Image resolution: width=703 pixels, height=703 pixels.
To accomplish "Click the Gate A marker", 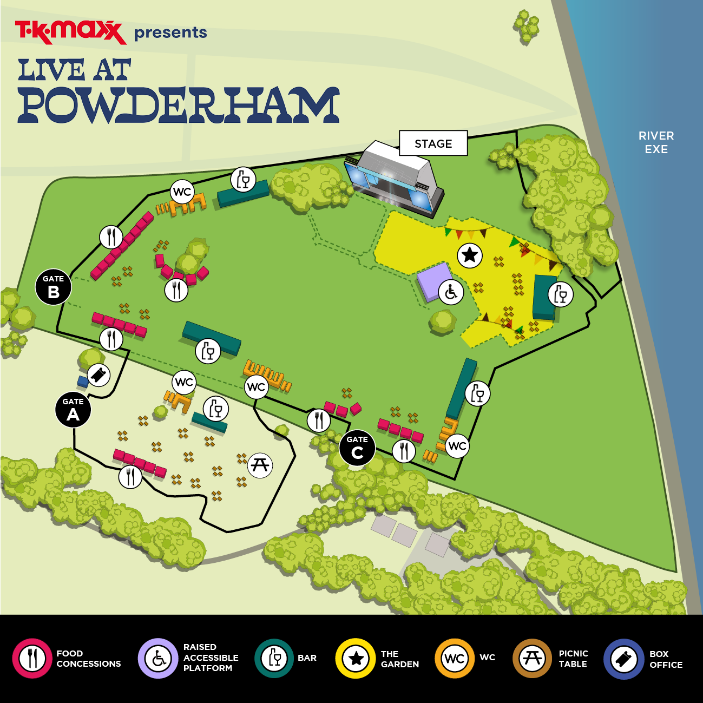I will [x=73, y=410].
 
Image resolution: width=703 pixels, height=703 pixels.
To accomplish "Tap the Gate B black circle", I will [x=54, y=287].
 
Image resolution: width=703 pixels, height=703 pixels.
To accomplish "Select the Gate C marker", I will [x=357, y=448].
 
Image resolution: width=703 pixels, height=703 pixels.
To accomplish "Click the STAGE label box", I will [x=433, y=143].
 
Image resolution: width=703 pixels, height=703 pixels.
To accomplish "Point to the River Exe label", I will [x=656, y=142].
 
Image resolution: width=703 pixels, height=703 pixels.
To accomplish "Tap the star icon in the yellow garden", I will [x=470, y=254].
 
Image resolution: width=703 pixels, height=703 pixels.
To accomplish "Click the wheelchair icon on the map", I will [x=451, y=293].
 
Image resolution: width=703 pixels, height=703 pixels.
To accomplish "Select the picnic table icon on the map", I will [x=260, y=465].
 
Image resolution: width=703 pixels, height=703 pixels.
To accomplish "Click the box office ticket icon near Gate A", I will [x=98, y=375].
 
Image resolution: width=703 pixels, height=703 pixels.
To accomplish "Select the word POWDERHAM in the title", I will [x=179, y=105].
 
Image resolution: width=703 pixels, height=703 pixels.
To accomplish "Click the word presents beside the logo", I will [x=170, y=33].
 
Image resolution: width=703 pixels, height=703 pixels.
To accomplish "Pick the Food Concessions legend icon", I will [x=32, y=659].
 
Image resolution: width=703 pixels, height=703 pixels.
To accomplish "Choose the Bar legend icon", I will [x=274, y=659].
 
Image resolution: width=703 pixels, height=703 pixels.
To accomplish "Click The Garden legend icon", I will [x=355, y=659].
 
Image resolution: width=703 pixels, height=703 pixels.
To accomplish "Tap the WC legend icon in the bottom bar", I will [x=455, y=659].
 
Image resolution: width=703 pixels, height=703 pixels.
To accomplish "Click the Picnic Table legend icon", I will [x=532, y=659].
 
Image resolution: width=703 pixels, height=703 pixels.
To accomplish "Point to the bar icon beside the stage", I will [x=243, y=179].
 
